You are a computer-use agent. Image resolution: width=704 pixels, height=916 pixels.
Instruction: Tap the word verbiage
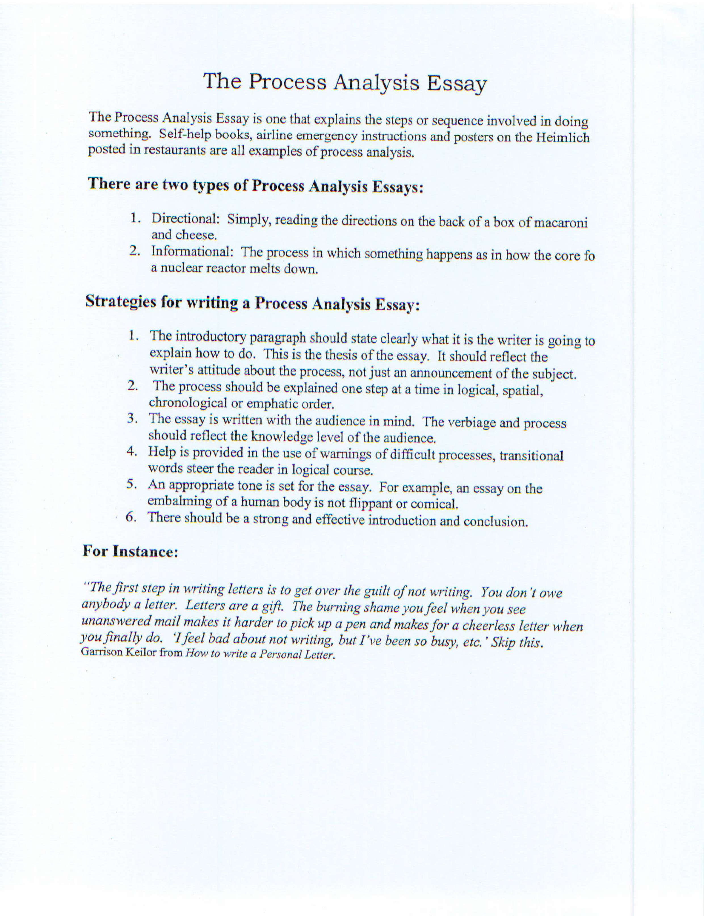point(471,422)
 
